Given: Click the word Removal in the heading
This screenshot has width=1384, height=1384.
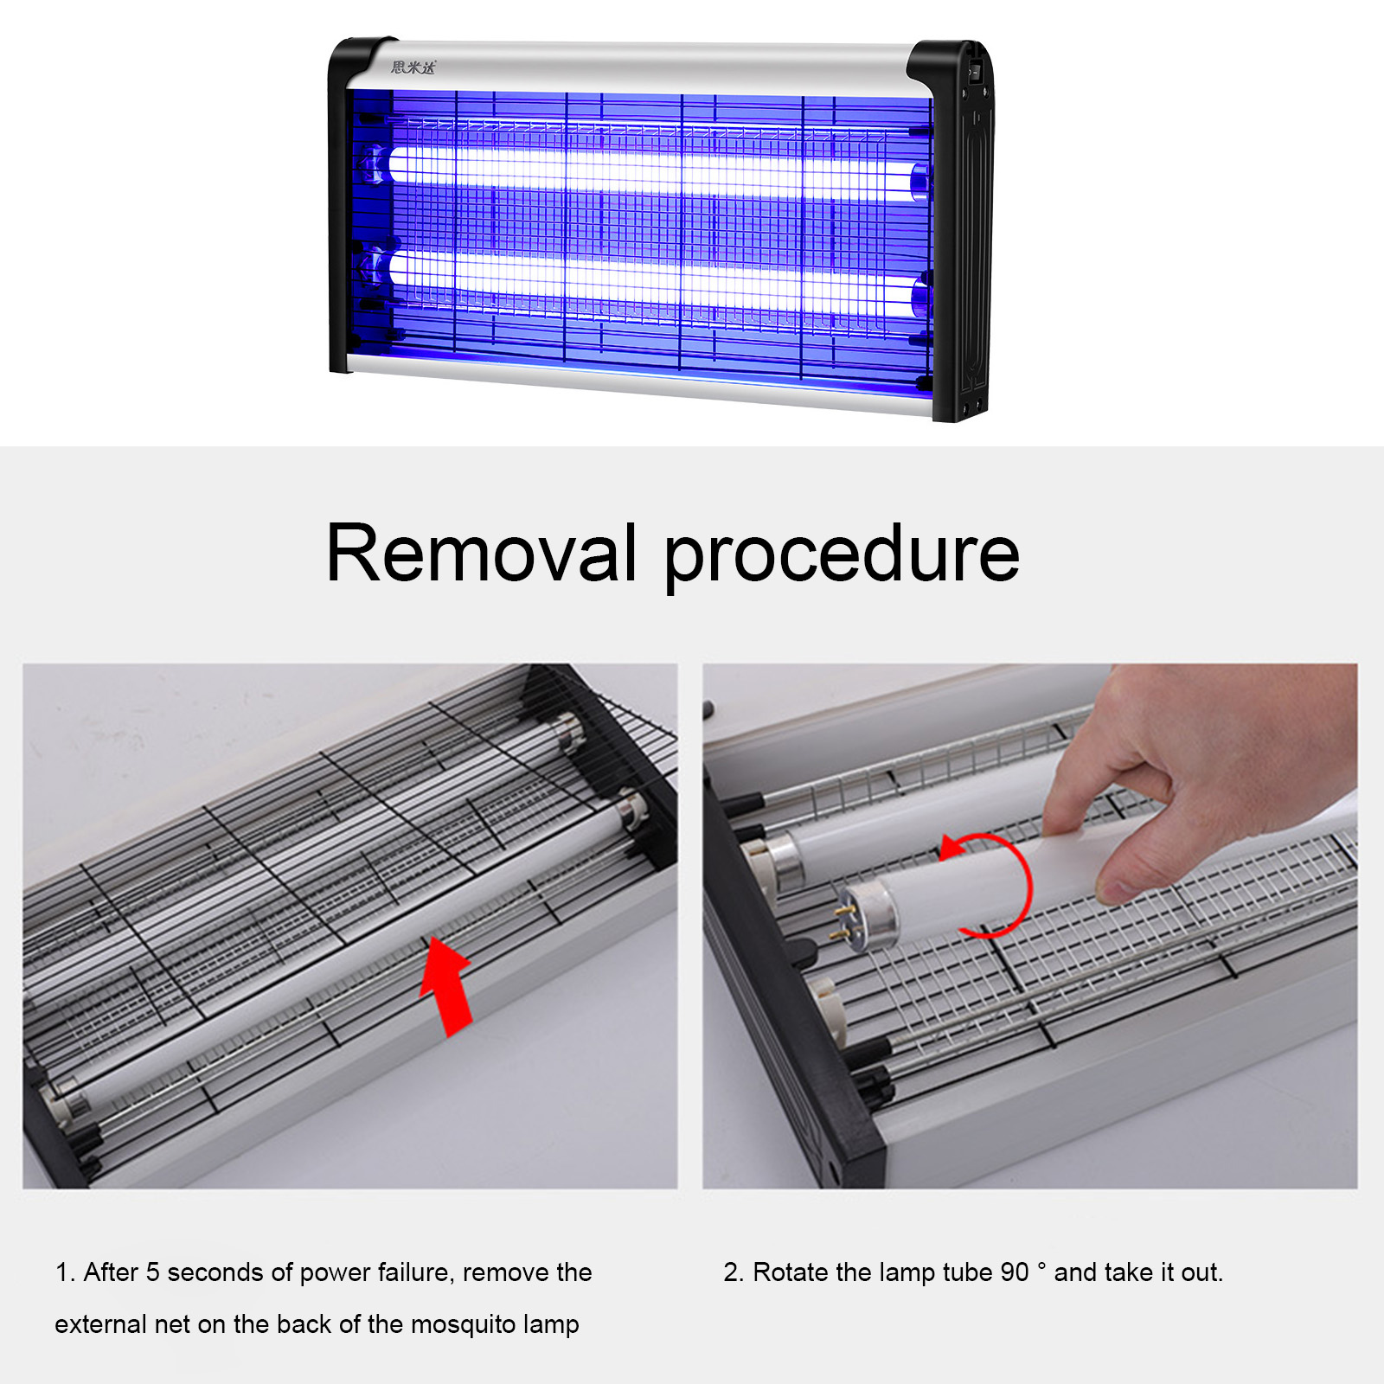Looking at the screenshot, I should (x=481, y=554).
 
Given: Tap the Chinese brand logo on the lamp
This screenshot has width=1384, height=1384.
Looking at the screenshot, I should (x=413, y=67).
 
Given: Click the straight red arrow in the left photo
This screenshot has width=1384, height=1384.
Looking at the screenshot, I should (x=448, y=986).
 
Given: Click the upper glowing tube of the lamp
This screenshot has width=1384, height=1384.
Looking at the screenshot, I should (x=649, y=170).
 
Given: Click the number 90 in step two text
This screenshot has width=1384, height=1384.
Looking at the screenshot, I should (x=1014, y=1272).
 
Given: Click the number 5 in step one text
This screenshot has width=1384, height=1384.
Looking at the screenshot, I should (x=152, y=1272).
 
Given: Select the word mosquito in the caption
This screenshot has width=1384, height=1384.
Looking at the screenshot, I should (x=463, y=1324).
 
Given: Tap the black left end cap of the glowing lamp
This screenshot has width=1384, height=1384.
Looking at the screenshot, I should (x=339, y=208).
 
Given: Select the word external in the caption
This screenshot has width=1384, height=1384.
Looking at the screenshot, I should (x=100, y=1324).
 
